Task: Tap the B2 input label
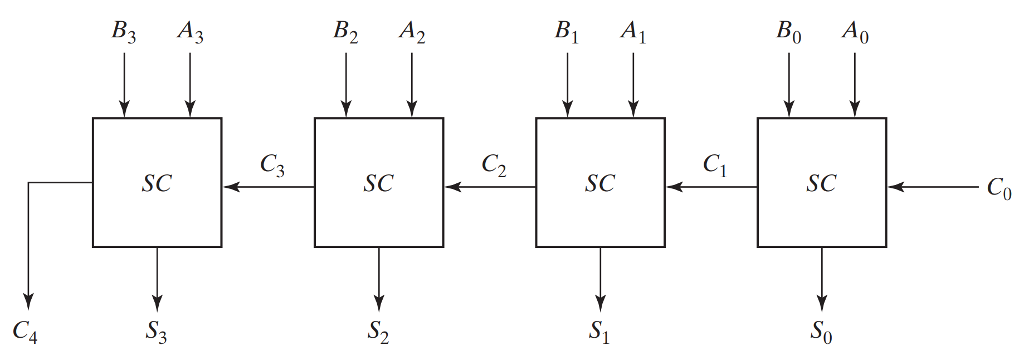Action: pos(345,32)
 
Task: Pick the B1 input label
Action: pos(567,32)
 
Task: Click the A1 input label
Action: pos(633,32)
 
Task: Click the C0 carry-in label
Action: pos(999,188)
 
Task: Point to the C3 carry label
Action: pos(272,165)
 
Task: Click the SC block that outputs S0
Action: pos(822,183)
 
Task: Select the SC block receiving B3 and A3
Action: pos(157,183)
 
